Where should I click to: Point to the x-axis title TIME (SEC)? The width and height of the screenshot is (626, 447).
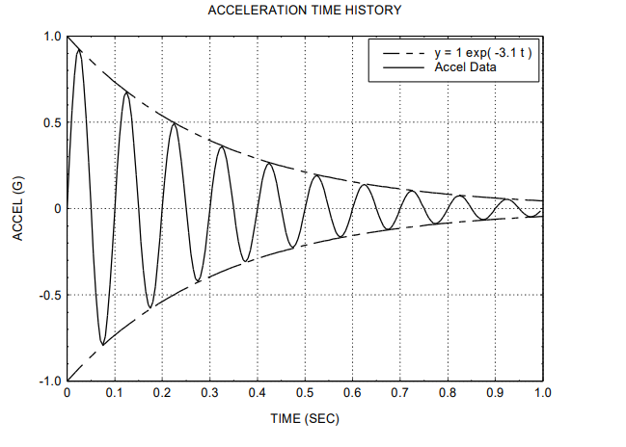click(x=304, y=420)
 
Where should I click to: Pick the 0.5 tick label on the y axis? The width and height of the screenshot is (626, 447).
click(x=50, y=123)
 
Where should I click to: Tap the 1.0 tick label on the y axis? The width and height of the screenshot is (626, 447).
click(x=50, y=37)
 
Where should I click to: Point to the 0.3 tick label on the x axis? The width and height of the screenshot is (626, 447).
click(x=209, y=394)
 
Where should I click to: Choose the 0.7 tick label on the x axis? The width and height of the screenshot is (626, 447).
click(x=399, y=394)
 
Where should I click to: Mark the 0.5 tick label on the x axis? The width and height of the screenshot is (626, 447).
click(x=305, y=394)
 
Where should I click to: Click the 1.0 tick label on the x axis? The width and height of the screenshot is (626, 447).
click(x=542, y=394)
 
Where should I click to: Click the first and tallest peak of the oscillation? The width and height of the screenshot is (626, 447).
click(x=79, y=50)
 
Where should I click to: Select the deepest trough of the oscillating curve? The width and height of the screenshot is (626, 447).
click(x=102, y=344)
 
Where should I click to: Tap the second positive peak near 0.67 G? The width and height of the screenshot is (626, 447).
click(x=126, y=92)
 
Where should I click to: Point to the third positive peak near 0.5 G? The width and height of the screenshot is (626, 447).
click(x=174, y=123)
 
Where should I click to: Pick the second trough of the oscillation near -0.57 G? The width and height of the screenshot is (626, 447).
click(x=150, y=307)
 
